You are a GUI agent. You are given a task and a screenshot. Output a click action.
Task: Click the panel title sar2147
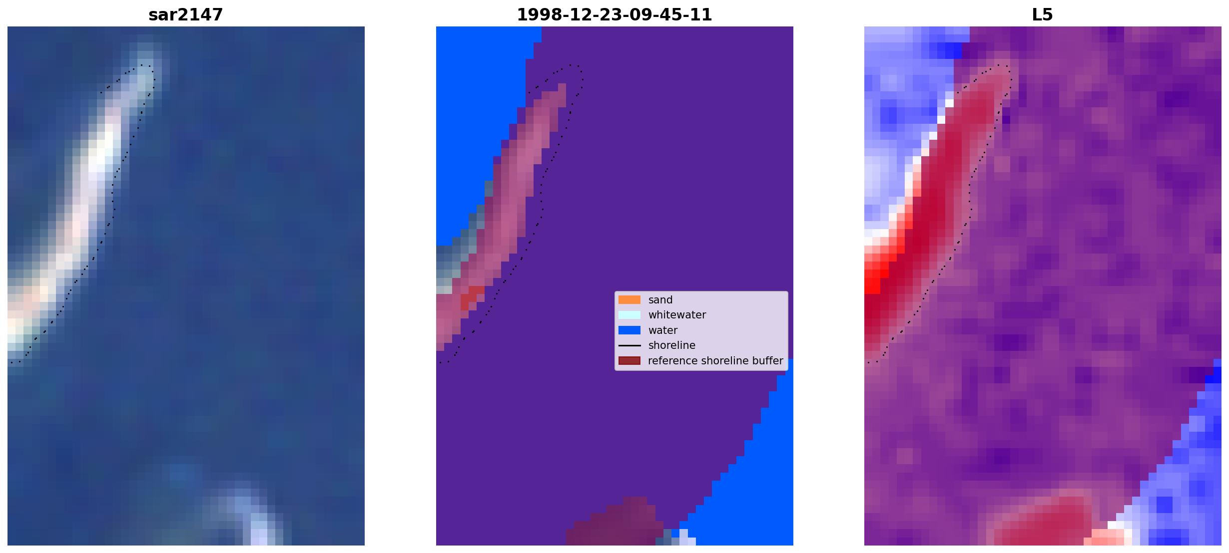tap(185, 14)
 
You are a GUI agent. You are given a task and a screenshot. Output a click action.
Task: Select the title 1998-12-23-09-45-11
tap(614, 14)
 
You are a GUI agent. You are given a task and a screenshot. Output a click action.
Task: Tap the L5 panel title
tap(1042, 14)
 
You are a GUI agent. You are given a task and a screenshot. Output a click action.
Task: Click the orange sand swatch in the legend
tap(629, 299)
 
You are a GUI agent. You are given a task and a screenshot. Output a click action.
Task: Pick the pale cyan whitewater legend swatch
tap(629, 315)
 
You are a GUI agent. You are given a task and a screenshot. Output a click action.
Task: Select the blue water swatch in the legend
tap(629, 330)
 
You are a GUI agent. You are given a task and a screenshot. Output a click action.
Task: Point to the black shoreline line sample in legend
tap(629, 345)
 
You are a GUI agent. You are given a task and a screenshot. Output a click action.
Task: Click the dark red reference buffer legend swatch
tap(629, 360)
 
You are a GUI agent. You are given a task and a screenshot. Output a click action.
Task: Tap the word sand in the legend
tap(660, 300)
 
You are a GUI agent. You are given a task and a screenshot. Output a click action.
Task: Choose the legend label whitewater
tap(677, 315)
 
